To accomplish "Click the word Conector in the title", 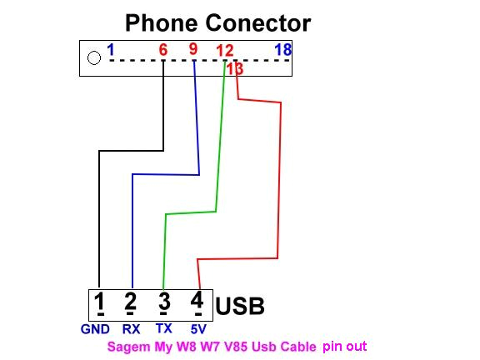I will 259,22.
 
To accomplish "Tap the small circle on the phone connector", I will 94,57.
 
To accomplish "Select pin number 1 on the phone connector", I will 110,50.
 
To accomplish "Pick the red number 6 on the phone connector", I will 163,50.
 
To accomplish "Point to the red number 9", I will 193,49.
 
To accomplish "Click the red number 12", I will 224,51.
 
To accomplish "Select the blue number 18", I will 282,50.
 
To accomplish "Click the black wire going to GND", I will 99,217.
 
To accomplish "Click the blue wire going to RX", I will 132,225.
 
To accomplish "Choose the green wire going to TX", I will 166,242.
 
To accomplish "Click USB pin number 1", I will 99,302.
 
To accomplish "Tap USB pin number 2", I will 130,302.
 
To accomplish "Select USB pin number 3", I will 163,302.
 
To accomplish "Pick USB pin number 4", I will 197,302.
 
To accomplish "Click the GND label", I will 96,329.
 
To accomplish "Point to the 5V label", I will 197,329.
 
